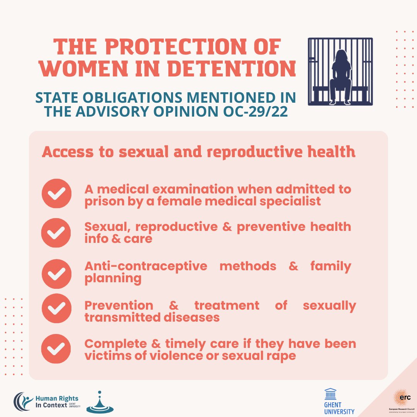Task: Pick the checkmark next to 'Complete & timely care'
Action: (x=56, y=349)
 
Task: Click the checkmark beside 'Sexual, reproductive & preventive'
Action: (x=56, y=232)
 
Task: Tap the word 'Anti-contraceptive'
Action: (x=146, y=266)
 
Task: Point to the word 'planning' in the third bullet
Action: (x=113, y=279)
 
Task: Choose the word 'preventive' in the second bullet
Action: (x=271, y=227)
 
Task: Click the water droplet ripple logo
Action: (x=100, y=403)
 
